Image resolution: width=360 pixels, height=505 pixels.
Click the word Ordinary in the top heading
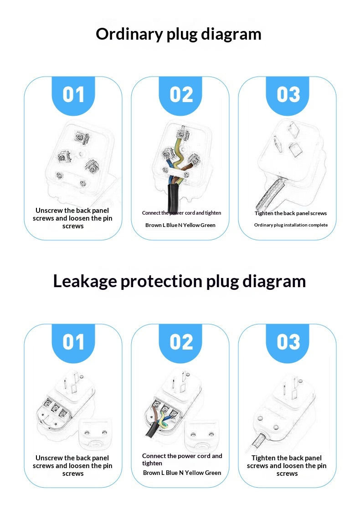[129, 35]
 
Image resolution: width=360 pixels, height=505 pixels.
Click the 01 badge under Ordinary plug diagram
[73, 95]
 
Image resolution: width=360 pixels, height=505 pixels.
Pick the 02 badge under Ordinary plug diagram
[181, 95]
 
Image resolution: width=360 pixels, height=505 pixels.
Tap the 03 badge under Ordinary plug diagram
[288, 95]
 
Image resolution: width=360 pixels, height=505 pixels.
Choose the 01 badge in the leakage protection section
[73, 342]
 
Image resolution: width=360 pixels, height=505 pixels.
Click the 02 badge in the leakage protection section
[181, 342]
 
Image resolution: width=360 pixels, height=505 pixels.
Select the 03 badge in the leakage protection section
[288, 342]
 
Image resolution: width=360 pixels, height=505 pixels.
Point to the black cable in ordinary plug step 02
[172, 196]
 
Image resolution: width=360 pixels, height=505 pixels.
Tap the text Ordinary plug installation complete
[291, 225]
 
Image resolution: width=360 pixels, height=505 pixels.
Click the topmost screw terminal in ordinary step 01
[82, 138]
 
